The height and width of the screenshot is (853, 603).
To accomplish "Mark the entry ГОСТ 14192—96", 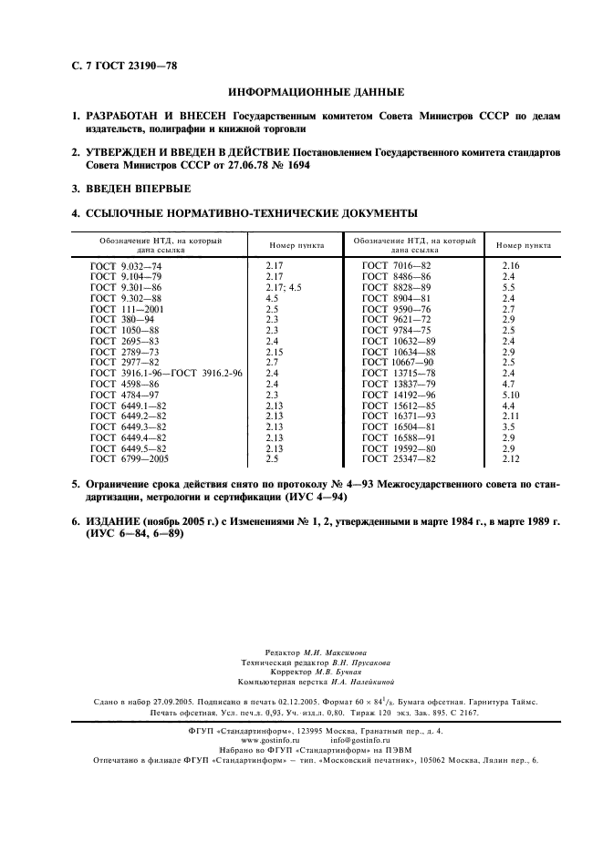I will coord(399,396).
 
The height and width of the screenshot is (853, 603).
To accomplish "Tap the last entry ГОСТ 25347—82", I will coord(399,460).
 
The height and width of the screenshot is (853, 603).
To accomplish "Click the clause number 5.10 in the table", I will coord(512,396).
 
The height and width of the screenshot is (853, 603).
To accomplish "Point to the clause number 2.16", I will coord(510,265).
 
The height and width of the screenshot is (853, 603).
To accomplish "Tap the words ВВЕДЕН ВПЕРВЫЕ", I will coord(138,190).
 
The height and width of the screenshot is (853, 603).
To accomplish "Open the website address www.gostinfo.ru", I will coord(272,740).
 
